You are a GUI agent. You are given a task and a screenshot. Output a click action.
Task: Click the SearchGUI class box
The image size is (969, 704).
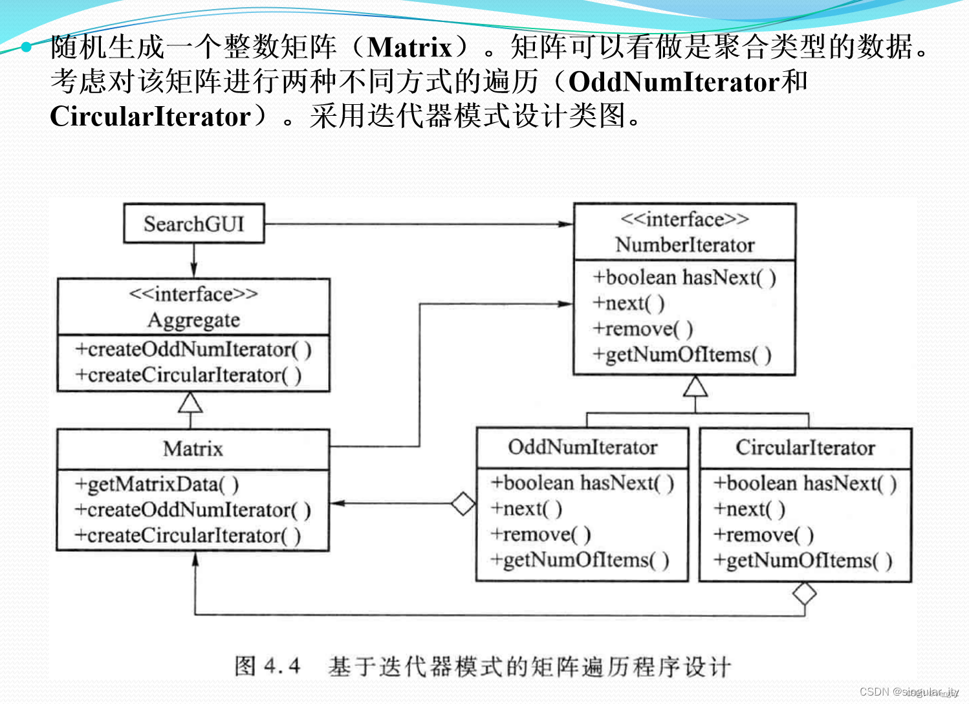point(194,224)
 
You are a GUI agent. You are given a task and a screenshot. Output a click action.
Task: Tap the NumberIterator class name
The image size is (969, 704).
point(684,245)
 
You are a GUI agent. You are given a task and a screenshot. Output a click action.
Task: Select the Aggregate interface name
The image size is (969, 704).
point(193,320)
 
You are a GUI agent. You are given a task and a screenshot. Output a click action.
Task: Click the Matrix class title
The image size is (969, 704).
point(193,448)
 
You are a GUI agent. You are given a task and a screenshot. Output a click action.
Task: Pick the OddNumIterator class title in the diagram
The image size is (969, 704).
point(582,447)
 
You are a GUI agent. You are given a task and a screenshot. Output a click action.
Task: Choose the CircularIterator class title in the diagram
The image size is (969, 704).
point(805,447)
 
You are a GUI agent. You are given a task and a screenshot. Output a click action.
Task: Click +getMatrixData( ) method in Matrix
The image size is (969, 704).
point(157,484)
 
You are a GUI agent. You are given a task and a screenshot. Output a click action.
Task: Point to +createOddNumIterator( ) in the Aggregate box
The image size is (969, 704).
point(193,349)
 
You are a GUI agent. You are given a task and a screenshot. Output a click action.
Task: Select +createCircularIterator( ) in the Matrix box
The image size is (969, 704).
point(188,536)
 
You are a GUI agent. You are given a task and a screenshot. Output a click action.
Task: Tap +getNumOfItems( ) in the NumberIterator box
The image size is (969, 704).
point(682,355)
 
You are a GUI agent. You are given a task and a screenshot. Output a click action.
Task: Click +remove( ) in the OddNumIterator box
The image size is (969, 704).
point(541,534)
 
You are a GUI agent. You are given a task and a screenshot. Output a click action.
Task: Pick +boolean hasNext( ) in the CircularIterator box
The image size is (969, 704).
point(805,483)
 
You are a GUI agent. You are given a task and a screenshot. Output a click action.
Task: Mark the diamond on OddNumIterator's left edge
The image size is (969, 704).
point(463,503)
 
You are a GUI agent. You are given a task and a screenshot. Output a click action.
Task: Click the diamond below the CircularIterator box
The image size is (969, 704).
point(804,593)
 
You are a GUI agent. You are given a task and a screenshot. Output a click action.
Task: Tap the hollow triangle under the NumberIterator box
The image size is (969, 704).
point(695,386)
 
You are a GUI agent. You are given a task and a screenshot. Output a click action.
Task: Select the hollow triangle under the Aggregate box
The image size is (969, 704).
point(190,403)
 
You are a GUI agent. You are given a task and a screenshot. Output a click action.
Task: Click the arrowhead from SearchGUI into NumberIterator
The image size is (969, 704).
point(566,224)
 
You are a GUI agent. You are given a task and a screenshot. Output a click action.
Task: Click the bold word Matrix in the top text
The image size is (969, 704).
point(409,47)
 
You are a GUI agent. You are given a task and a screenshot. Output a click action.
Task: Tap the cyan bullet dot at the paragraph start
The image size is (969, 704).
point(27,47)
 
